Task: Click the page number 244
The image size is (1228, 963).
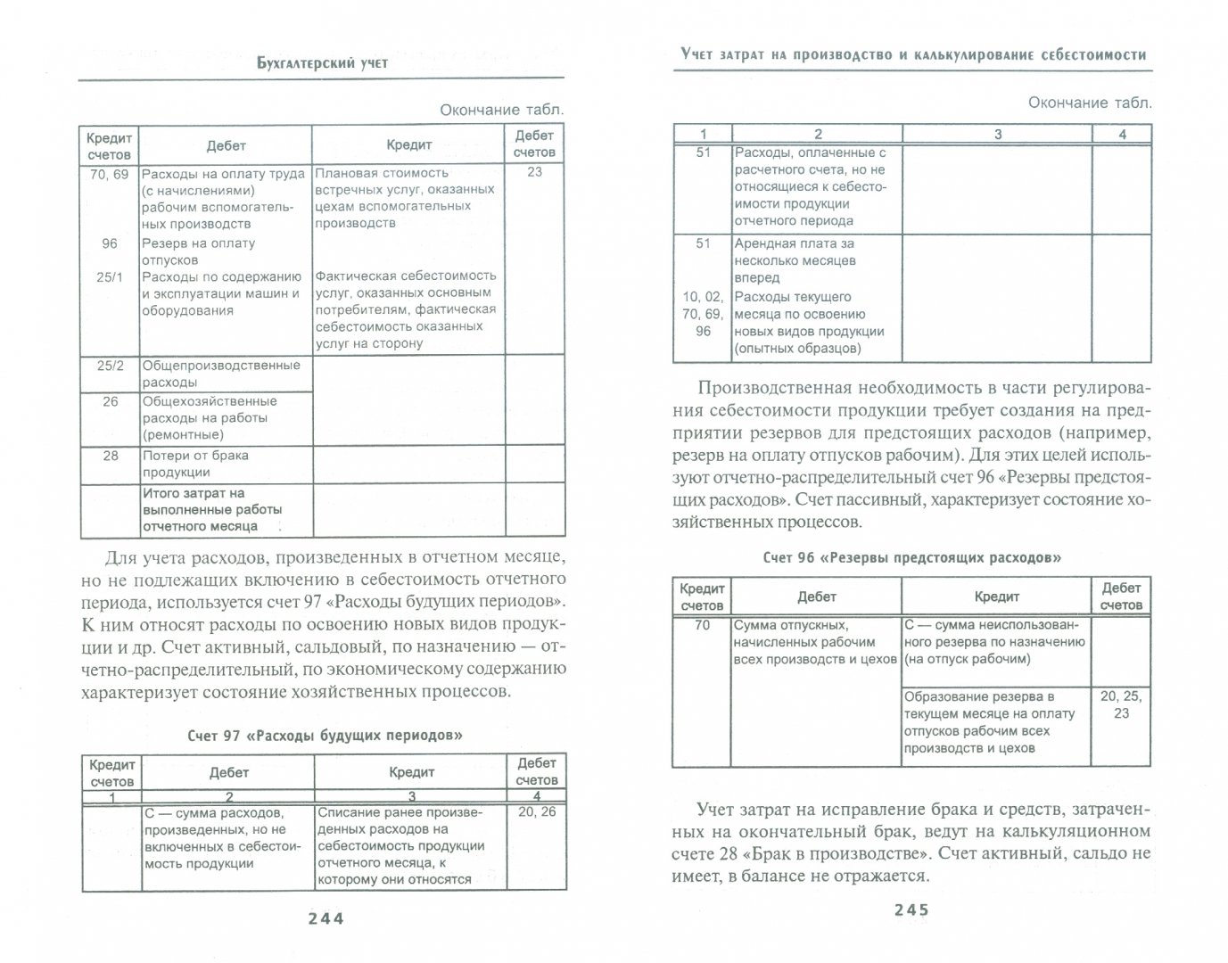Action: (x=325, y=918)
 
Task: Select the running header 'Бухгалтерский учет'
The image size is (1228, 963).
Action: (x=322, y=62)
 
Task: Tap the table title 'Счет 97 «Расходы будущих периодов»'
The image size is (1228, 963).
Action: (x=325, y=737)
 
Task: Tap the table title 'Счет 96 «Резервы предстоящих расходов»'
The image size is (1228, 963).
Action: (x=912, y=558)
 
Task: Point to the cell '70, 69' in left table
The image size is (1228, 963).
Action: (x=109, y=175)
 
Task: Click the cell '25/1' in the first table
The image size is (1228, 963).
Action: (x=109, y=277)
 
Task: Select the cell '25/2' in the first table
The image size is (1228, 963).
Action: (x=109, y=366)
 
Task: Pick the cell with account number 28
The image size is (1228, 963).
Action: (x=110, y=456)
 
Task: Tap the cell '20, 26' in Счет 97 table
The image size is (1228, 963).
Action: (x=536, y=811)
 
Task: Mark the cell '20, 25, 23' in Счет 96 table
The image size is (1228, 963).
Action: (x=1121, y=704)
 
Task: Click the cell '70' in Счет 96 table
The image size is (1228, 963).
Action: (x=702, y=626)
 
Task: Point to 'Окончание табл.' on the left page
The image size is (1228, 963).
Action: (x=502, y=110)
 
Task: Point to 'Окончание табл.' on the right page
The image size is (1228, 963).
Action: (x=1090, y=103)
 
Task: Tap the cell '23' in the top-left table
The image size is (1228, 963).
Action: (x=534, y=172)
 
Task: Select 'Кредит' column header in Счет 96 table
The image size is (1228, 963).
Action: (x=996, y=597)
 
